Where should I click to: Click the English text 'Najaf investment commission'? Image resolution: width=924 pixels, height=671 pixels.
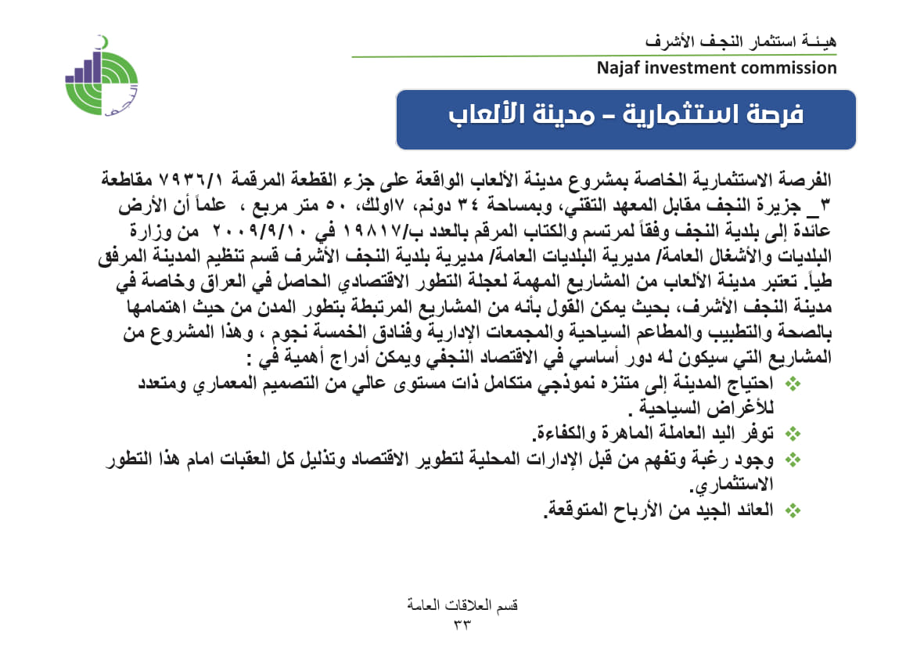pos(716,68)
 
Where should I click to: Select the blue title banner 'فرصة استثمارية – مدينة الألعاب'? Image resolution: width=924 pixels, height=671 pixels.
pos(626,119)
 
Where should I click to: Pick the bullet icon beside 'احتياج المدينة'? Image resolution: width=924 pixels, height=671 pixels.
pos(793,384)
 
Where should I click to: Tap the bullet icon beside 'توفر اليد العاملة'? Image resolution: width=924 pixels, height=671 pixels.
pos(793,432)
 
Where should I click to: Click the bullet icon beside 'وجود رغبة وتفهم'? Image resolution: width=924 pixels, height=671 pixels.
pos(793,460)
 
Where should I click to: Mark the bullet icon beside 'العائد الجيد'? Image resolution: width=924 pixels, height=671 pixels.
pos(793,510)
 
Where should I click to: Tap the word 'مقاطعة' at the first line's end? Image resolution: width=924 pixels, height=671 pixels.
pos(132,179)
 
